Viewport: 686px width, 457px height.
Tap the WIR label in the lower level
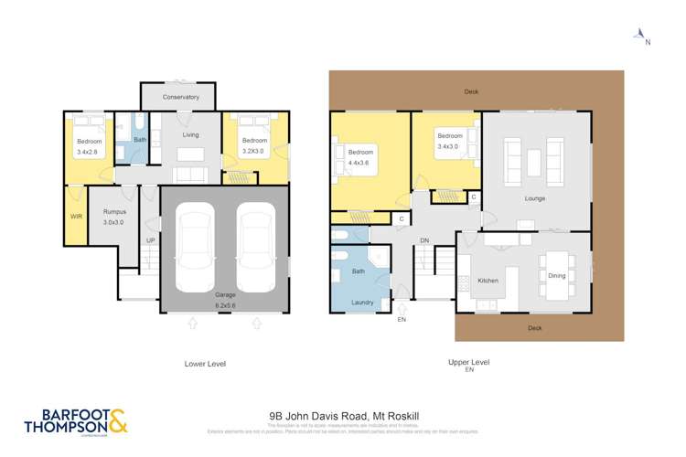pyautogui.click(x=76, y=216)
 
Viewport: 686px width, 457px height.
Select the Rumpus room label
pyautogui.click(x=113, y=212)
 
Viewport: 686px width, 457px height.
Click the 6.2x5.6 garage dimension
pyautogui.click(x=225, y=303)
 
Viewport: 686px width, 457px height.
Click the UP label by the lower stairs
pyautogui.click(x=151, y=240)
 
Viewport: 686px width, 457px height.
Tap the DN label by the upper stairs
pyautogui.click(x=423, y=240)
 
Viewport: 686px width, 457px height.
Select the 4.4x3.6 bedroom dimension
pyautogui.click(x=360, y=163)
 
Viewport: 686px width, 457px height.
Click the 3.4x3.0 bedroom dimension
pyautogui.click(x=451, y=146)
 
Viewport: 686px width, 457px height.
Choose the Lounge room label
pyautogui.click(x=535, y=198)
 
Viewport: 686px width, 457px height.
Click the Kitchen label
pyautogui.click(x=488, y=281)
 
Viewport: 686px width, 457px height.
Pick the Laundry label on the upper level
pyautogui.click(x=360, y=302)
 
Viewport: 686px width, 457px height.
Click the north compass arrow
pyautogui.click(x=639, y=34)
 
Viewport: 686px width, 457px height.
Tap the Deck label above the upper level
pyautogui.click(x=471, y=91)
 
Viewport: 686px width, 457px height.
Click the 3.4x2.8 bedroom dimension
pyautogui.click(x=89, y=153)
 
